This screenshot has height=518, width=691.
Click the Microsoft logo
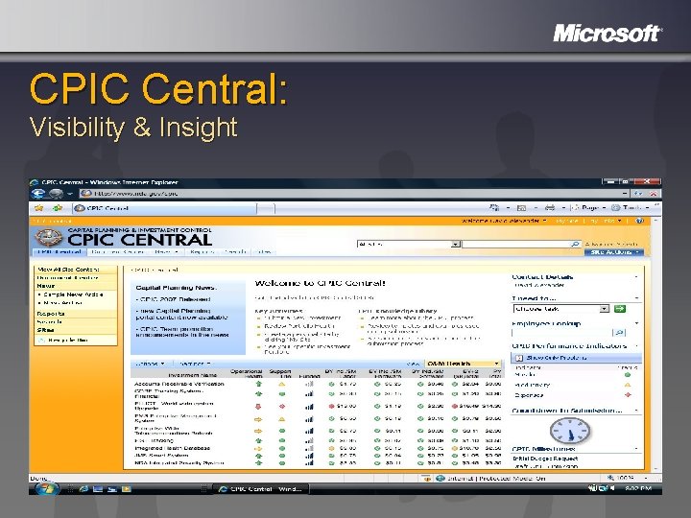[x=608, y=34]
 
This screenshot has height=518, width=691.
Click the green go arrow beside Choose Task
[x=620, y=309]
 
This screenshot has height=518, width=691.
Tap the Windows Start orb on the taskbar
[x=44, y=489]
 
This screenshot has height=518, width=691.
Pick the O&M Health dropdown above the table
[x=464, y=365]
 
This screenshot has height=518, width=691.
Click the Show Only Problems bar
[x=576, y=357]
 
